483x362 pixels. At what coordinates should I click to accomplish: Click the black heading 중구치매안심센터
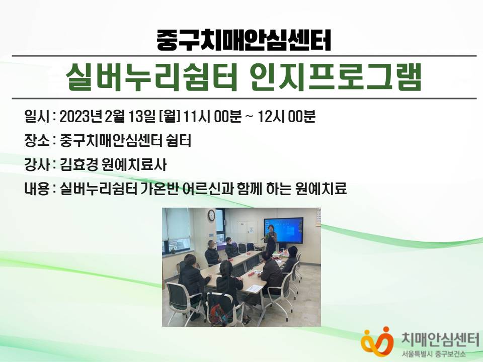point(244,40)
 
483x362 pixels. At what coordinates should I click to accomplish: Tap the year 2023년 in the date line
point(80,117)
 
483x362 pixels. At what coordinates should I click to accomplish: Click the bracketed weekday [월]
point(169,117)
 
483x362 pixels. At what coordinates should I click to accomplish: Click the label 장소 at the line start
point(37,141)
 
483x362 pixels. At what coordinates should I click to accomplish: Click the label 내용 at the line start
point(37,189)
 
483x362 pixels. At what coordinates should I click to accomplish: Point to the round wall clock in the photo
point(211,215)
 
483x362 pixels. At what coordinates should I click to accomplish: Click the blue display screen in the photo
point(283,230)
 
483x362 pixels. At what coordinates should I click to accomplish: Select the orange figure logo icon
point(377,341)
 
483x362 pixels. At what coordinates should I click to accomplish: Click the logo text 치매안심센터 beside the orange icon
point(440,340)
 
